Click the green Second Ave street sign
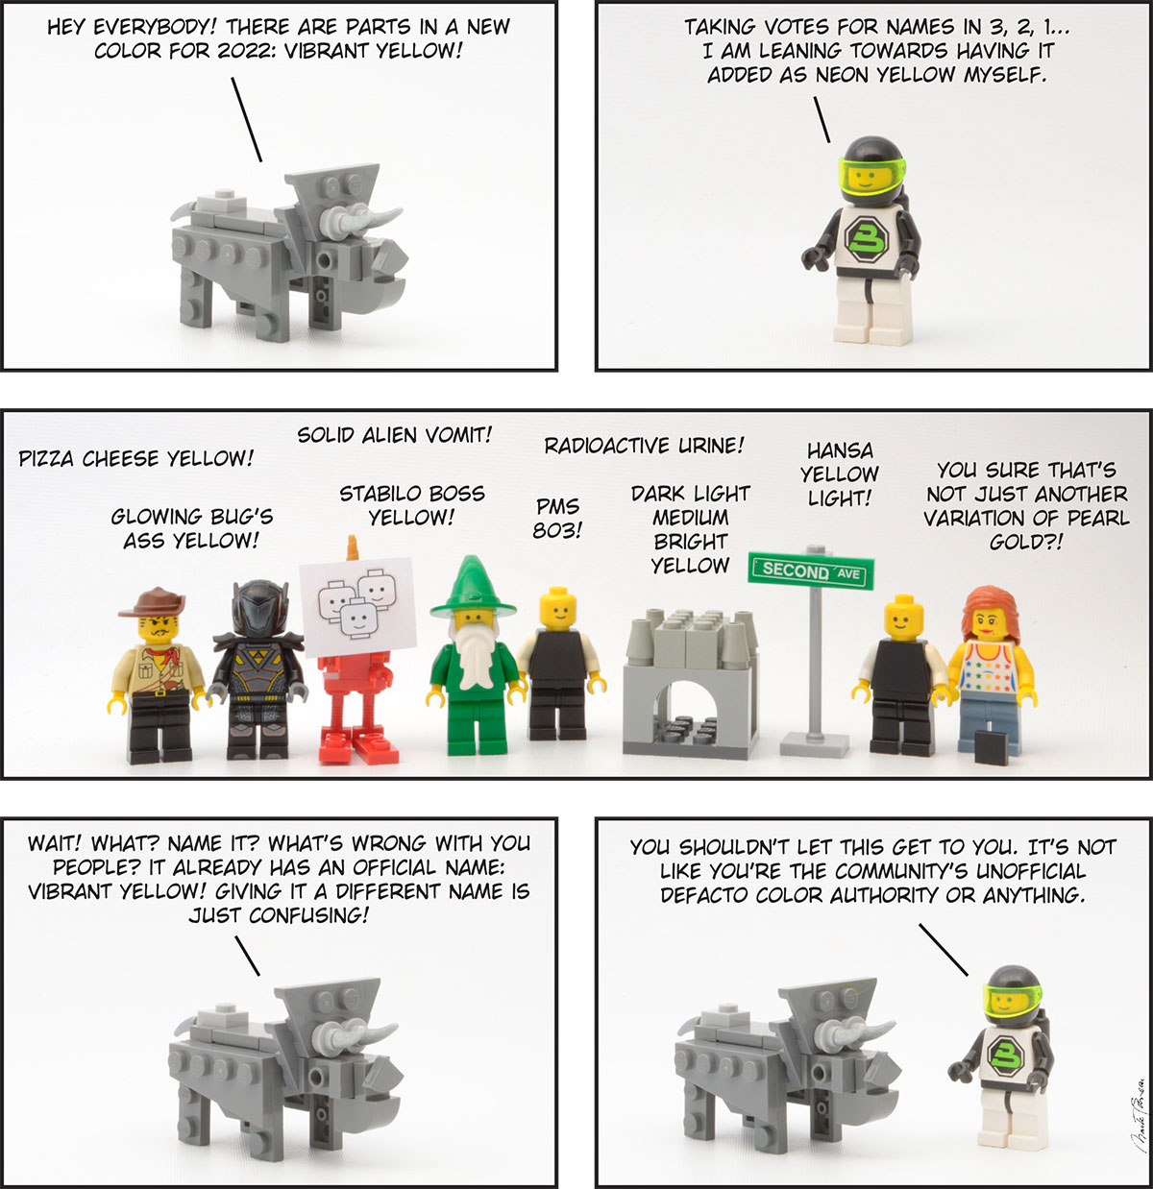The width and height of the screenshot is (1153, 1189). [811, 571]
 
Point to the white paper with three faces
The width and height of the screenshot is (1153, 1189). [357, 607]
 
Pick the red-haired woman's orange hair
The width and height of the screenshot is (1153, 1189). [991, 612]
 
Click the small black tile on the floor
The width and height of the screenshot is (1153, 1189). [992, 747]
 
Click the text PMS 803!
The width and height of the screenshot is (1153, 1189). [556, 518]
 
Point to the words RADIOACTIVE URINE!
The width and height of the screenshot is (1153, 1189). [644, 446]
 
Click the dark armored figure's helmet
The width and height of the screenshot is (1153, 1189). [259, 609]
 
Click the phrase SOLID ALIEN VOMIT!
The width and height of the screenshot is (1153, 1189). [394, 435]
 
